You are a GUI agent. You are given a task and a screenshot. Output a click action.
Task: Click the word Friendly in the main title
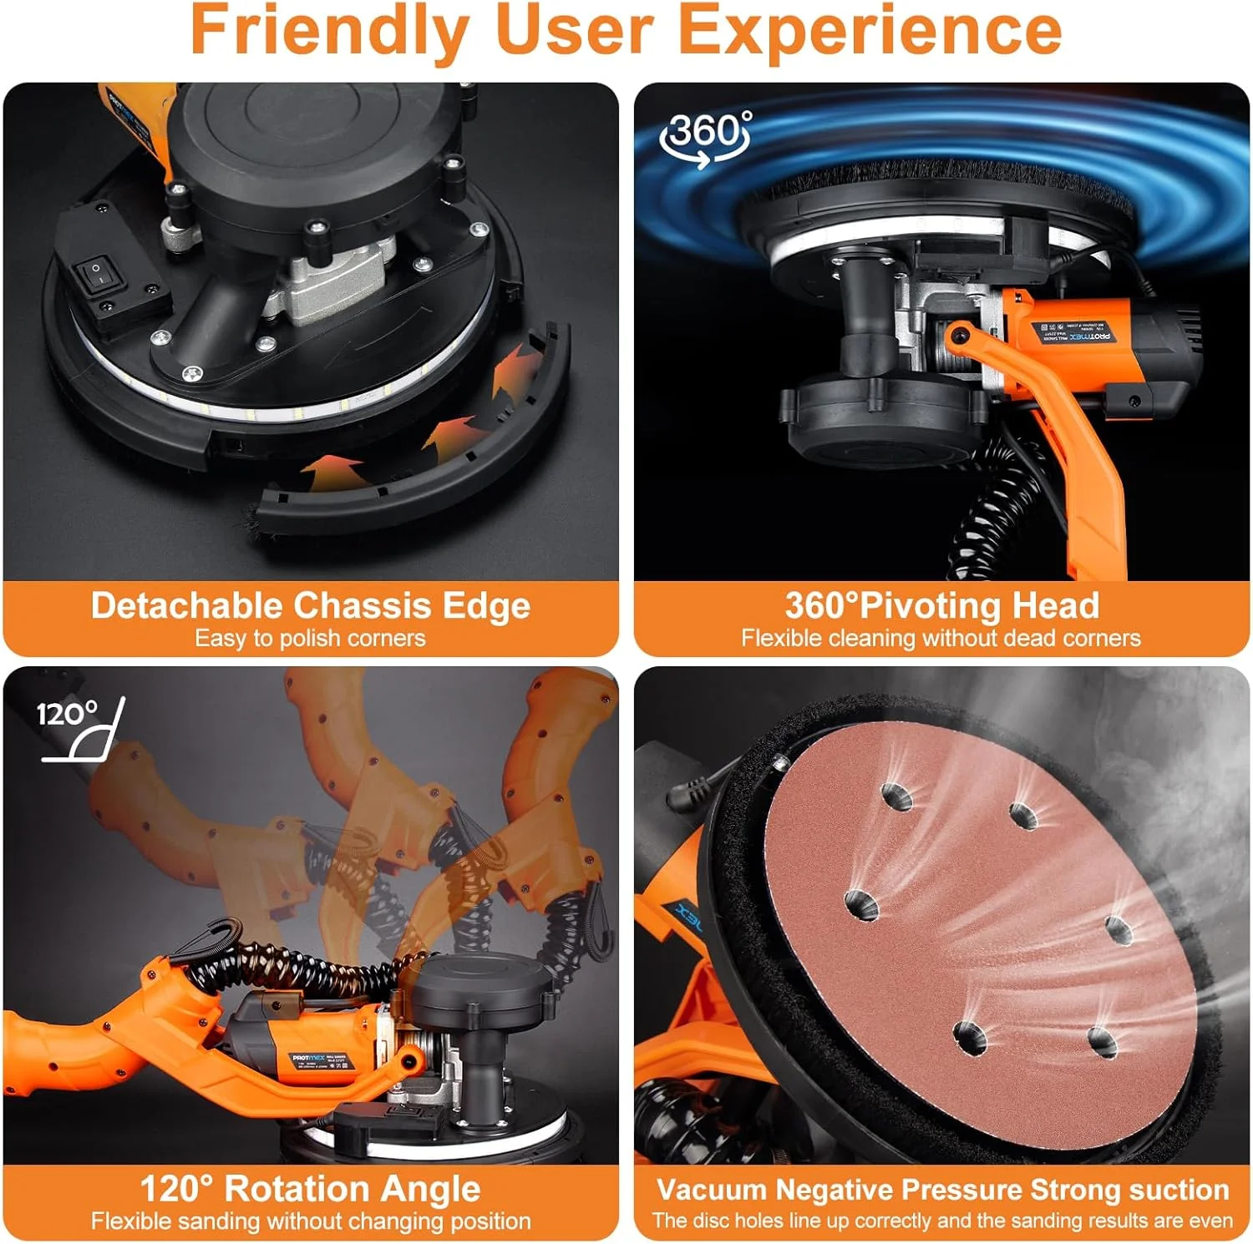pyautogui.click(x=330, y=32)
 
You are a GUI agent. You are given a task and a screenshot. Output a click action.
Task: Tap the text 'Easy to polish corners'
pyautogui.click(x=310, y=639)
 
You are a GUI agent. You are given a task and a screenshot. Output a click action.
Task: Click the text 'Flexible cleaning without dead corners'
pyautogui.click(x=941, y=639)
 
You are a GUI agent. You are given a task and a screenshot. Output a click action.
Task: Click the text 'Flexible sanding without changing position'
pyautogui.click(x=311, y=1221)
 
